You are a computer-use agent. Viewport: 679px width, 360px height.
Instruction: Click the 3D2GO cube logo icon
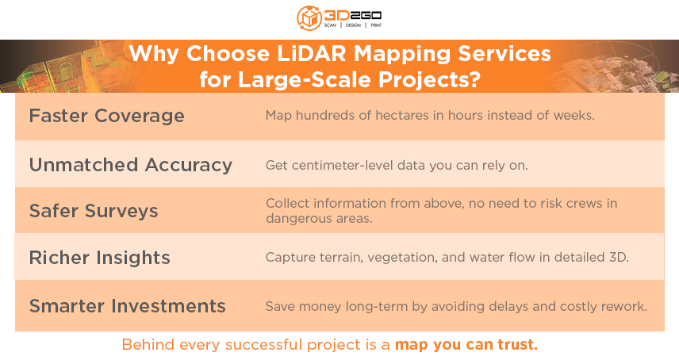tap(309, 18)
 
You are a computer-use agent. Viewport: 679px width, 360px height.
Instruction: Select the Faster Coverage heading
tap(106, 116)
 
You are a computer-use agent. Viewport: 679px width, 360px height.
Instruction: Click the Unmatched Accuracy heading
tap(131, 165)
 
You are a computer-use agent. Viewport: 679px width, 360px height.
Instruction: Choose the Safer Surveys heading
tap(94, 211)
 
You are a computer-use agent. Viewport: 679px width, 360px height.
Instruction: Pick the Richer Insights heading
tap(100, 258)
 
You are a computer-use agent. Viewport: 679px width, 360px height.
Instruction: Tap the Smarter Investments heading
tap(127, 306)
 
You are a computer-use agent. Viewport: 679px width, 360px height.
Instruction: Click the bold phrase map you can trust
tap(466, 344)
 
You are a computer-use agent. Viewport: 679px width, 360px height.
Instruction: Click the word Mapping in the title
tap(402, 55)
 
